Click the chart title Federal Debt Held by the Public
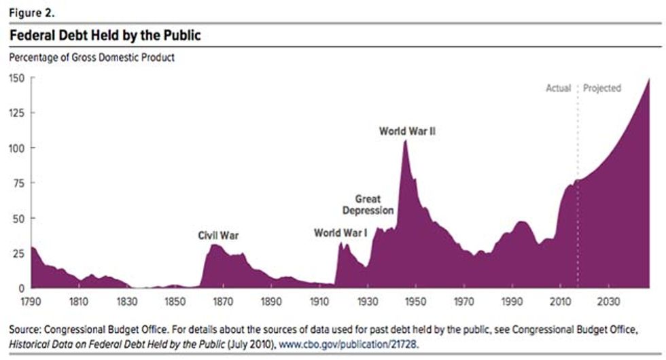(105, 36)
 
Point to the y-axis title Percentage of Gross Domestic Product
(91, 58)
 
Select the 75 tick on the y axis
(18, 183)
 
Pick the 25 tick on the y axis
(18, 253)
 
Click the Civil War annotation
(218, 236)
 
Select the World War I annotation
(340, 233)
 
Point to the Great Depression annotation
(368, 204)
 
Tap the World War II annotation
(406, 130)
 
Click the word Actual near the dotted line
(559, 88)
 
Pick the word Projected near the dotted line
(602, 88)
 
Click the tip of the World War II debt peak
(405, 141)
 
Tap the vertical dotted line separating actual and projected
(578, 204)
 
